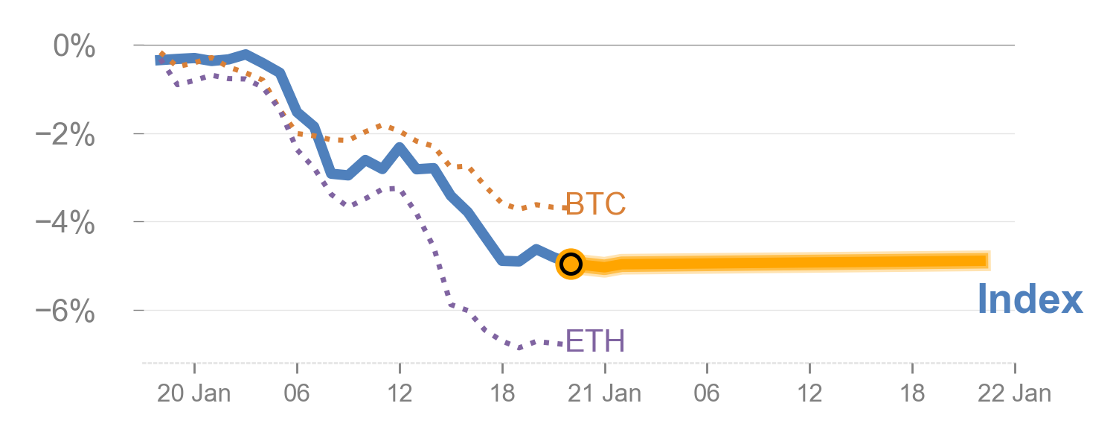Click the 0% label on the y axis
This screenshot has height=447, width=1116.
pos(74,46)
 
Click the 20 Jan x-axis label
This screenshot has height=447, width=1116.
pos(193,393)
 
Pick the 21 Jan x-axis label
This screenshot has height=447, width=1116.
pos(604,393)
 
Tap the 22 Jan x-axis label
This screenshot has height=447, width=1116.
pos(1015,393)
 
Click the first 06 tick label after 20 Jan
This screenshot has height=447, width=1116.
pos(297,393)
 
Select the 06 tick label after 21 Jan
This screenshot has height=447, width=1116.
pos(707,393)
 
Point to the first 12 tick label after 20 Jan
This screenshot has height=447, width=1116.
pos(400,393)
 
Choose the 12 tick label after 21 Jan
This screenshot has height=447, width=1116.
pos(809,393)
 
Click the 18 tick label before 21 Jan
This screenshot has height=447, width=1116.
pos(502,393)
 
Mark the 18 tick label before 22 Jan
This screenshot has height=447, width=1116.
pos(912,393)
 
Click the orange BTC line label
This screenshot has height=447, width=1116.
pos(595,203)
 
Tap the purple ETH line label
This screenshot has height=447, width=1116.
pos(595,341)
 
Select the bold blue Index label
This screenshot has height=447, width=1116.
pos(1030,299)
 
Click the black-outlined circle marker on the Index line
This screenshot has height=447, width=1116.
pos(570,264)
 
